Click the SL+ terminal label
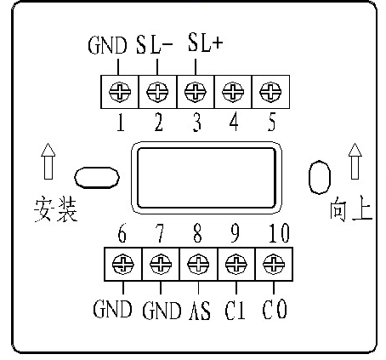(206, 43)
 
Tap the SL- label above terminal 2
(154, 44)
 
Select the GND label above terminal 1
(107, 45)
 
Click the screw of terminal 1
(120, 92)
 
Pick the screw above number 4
(233, 92)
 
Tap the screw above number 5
(270, 92)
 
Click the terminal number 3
(197, 123)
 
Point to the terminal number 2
(159, 123)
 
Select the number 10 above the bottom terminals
(279, 233)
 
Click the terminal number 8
(197, 233)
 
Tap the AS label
(200, 310)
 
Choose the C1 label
(235, 310)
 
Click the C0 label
(275, 309)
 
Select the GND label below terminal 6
(112, 308)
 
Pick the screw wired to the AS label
(198, 265)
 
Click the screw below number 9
(236, 265)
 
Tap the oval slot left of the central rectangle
(97, 178)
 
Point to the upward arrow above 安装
(48, 161)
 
